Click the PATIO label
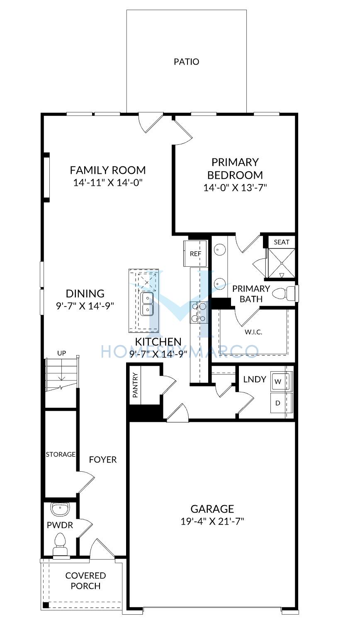pos(187,62)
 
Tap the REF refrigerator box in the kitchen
pos(195,253)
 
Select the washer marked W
pos(280,381)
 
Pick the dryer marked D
pos(280,403)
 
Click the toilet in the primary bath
pos(284,294)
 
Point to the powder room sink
pos(60,509)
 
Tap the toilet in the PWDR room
pos(60,544)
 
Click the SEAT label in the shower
pos(282,242)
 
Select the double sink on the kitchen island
pos(147,304)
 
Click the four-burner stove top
pos(199,312)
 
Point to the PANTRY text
pos(136,385)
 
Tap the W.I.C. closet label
pos(253,332)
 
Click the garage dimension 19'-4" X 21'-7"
pos(212,521)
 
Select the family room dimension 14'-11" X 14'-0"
pos(108,183)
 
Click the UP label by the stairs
pos(62,353)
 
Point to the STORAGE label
pos(61,454)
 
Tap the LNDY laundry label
pos(255,379)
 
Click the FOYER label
pos(102,460)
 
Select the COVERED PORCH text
pos(85,581)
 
